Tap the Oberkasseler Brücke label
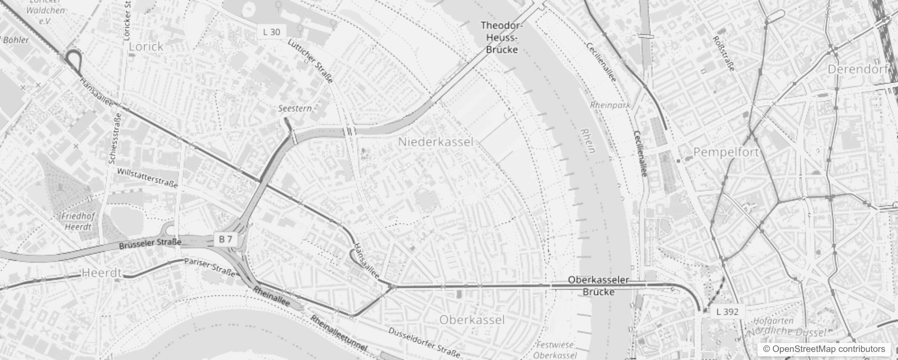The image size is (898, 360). [598, 286]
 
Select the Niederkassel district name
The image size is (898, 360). [436, 142]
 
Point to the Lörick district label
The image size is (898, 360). [146, 46]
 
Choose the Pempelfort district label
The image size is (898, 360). [726, 152]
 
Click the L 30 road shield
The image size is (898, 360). [271, 31]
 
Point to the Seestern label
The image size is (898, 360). [295, 108]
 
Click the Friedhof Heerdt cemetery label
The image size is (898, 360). [79, 221]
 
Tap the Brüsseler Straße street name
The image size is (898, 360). [150, 244]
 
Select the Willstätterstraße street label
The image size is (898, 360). [148, 178]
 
